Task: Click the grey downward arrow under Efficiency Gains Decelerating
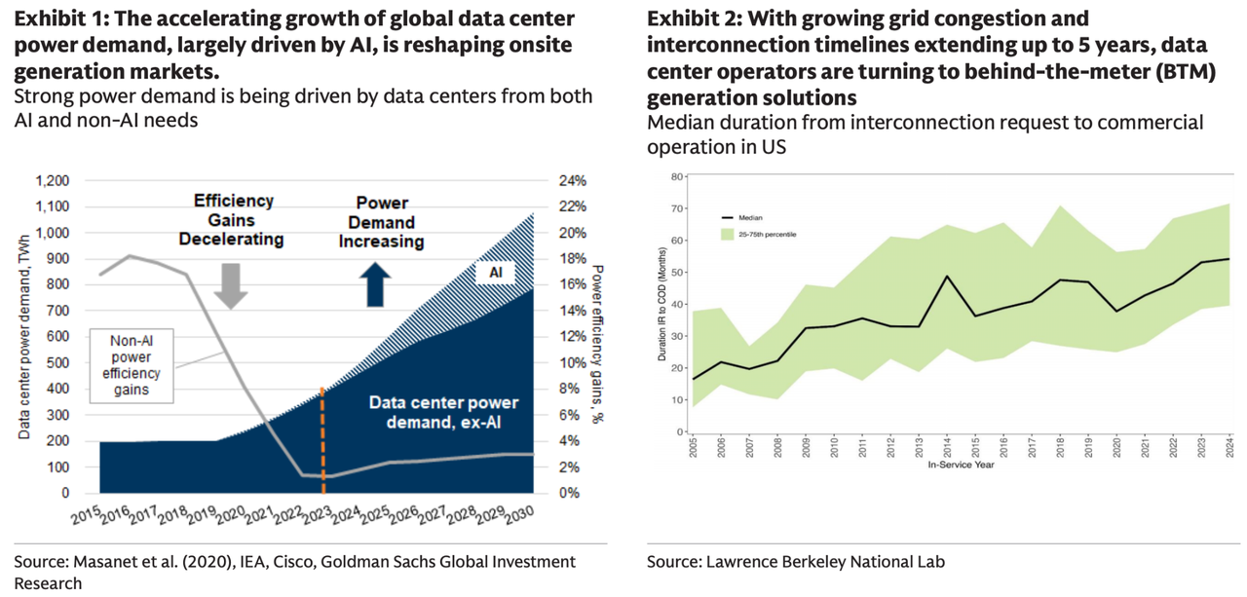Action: click(232, 284)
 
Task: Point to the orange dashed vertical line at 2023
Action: click(322, 438)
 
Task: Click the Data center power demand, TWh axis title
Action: click(23, 337)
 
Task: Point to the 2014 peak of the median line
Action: click(946, 277)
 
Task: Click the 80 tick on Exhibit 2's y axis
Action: click(672, 176)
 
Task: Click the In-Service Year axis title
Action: click(960, 465)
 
